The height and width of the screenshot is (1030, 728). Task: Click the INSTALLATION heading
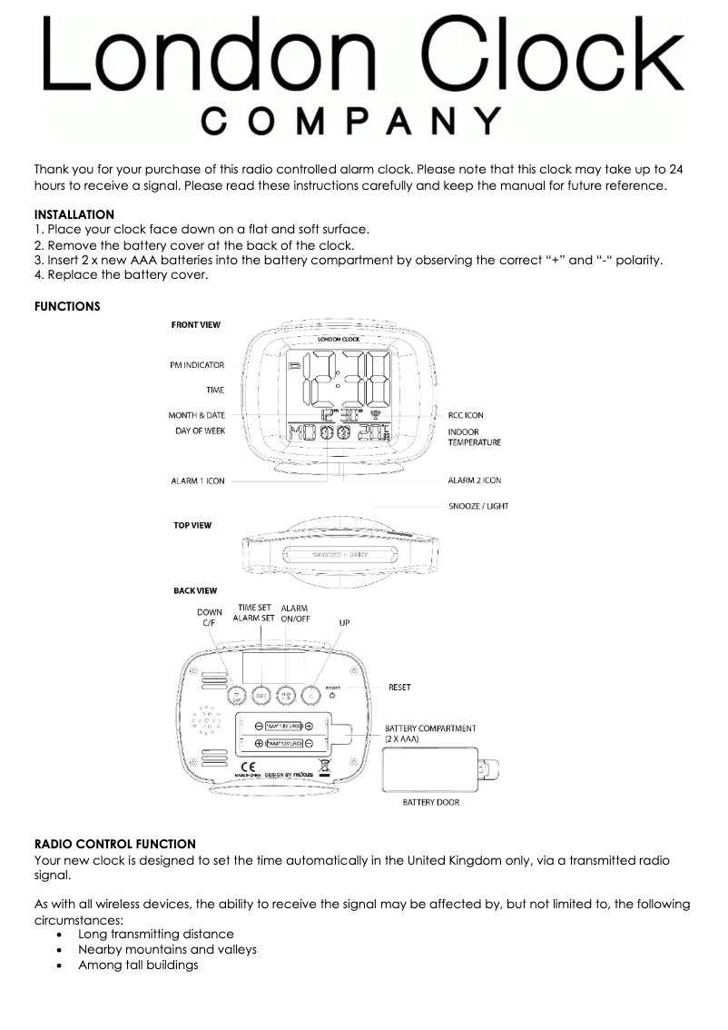pyautogui.click(x=74, y=214)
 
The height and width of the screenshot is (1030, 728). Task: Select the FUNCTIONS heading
pyautogui.click(x=67, y=306)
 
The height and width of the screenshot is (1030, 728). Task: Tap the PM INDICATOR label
pyautogui.click(x=197, y=365)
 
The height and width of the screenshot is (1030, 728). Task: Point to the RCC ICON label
pyautogui.click(x=466, y=415)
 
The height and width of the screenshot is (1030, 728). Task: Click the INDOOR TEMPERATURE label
pyautogui.click(x=474, y=437)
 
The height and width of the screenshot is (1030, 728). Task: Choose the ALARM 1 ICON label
pyautogui.click(x=198, y=480)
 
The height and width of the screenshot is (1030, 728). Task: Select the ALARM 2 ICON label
pyautogui.click(x=475, y=480)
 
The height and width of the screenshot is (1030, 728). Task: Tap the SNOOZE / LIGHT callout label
pyautogui.click(x=478, y=506)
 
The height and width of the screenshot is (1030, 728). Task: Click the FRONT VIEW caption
pyautogui.click(x=196, y=324)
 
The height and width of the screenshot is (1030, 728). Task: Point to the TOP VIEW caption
pyautogui.click(x=192, y=526)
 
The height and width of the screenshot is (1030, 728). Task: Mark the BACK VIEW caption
pyautogui.click(x=195, y=591)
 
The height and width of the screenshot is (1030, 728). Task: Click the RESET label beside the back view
pyautogui.click(x=399, y=688)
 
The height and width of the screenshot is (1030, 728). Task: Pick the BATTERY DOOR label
pyautogui.click(x=431, y=802)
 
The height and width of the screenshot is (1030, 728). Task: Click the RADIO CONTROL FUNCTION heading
pyautogui.click(x=114, y=844)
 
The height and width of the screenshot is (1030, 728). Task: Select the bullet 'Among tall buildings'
pyautogui.click(x=138, y=965)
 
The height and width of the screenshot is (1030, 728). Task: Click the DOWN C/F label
pyautogui.click(x=210, y=618)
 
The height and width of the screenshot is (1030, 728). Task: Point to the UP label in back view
pyautogui.click(x=344, y=623)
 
